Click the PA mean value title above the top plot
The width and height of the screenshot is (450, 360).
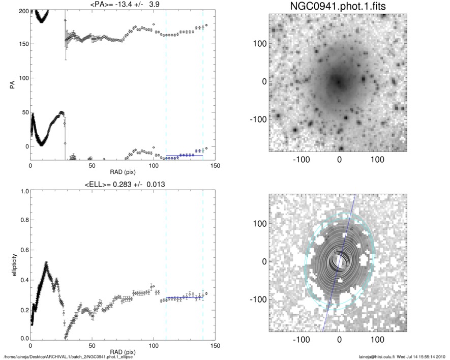coord(123,5)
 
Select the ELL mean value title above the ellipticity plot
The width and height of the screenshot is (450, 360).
coord(122,184)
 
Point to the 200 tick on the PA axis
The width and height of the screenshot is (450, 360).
coord(22,11)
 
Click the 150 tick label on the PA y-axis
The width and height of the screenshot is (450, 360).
coord(22,45)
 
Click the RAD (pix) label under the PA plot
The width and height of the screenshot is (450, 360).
coord(123,172)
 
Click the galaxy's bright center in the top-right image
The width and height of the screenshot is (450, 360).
coord(338,80)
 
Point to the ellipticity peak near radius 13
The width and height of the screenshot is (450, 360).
coord(46,264)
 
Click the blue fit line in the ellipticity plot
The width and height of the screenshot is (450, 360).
coord(184,297)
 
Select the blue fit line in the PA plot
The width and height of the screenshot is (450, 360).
coord(184,155)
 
